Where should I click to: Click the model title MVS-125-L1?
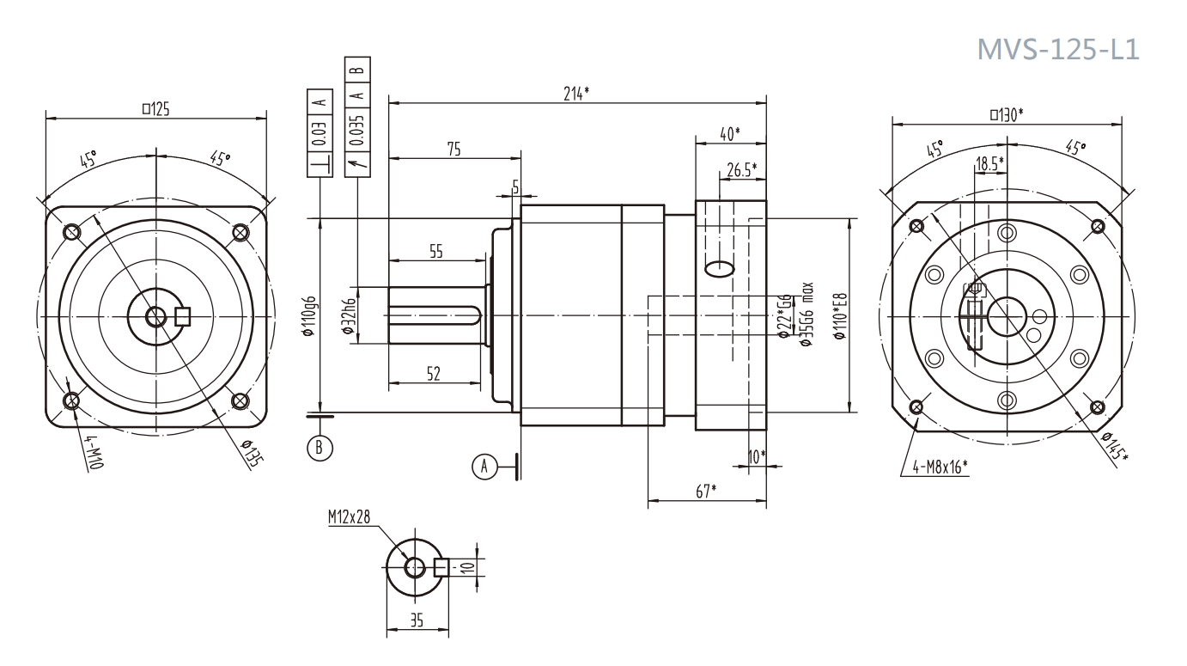click(1059, 49)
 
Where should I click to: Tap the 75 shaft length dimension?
click(453, 150)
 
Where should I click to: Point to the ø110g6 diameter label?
click(310, 316)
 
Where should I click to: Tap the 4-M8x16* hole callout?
click(935, 469)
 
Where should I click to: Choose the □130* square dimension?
click(1011, 113)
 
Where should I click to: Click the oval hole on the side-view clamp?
click(720, 269)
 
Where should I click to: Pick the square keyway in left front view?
click(182, 317)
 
